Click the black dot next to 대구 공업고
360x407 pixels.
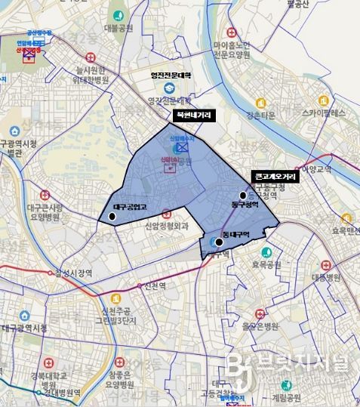[112, 217]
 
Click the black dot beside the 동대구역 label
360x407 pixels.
[219, 242]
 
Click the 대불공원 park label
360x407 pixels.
[118, 29]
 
